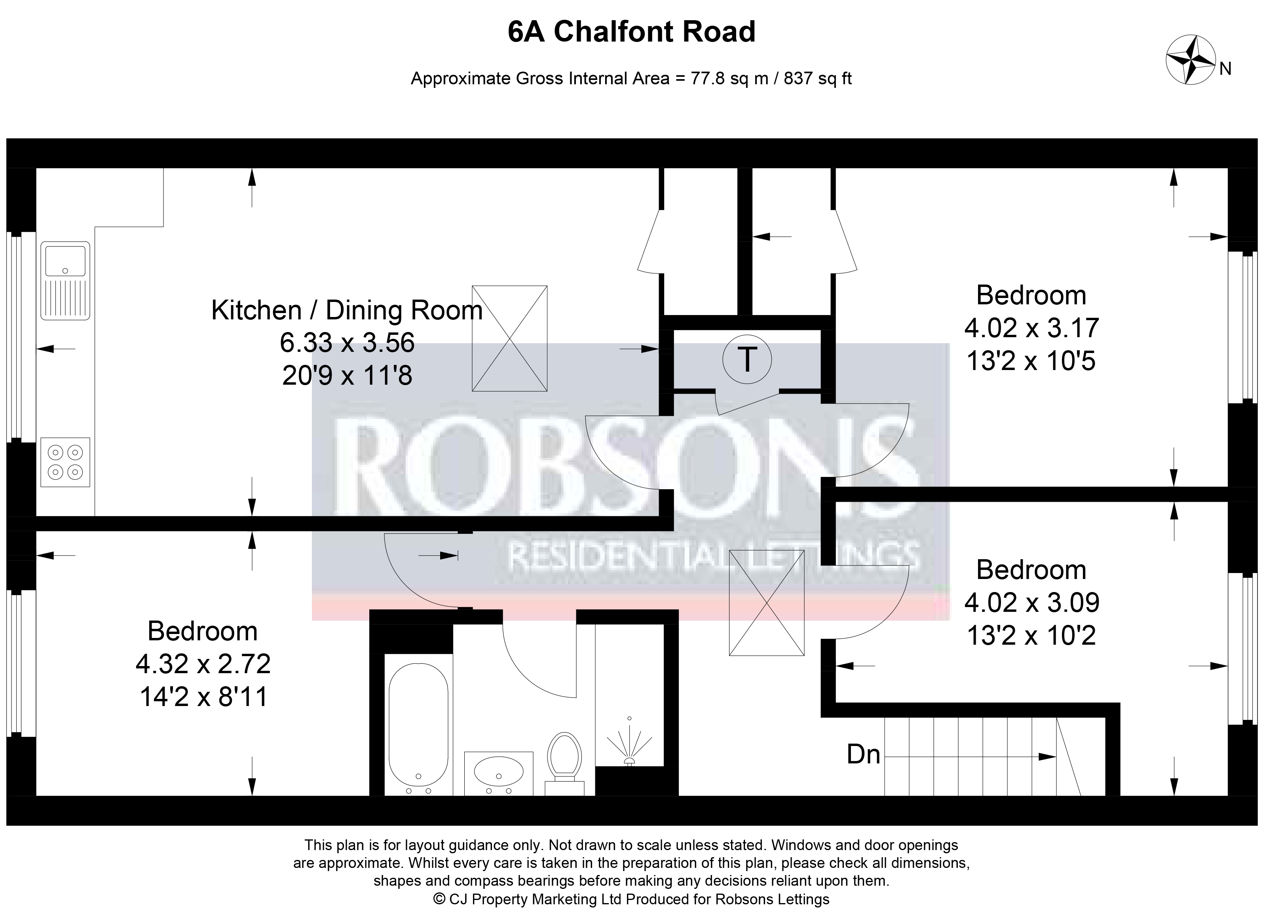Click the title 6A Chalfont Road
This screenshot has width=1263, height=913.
point(632,32)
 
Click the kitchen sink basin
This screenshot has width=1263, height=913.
point(65,262)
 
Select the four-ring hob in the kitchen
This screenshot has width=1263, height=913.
point(65,462)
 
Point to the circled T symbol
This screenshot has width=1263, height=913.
point(747,360)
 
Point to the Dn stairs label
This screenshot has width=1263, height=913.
point(864,755)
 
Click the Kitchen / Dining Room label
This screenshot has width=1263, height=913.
point(347,310)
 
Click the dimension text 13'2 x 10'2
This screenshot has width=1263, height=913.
point(1031,635)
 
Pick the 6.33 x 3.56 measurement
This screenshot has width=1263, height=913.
point(347,342)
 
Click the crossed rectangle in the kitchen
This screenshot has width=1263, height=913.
point(509,338)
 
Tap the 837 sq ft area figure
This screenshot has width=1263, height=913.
point(817,78)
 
